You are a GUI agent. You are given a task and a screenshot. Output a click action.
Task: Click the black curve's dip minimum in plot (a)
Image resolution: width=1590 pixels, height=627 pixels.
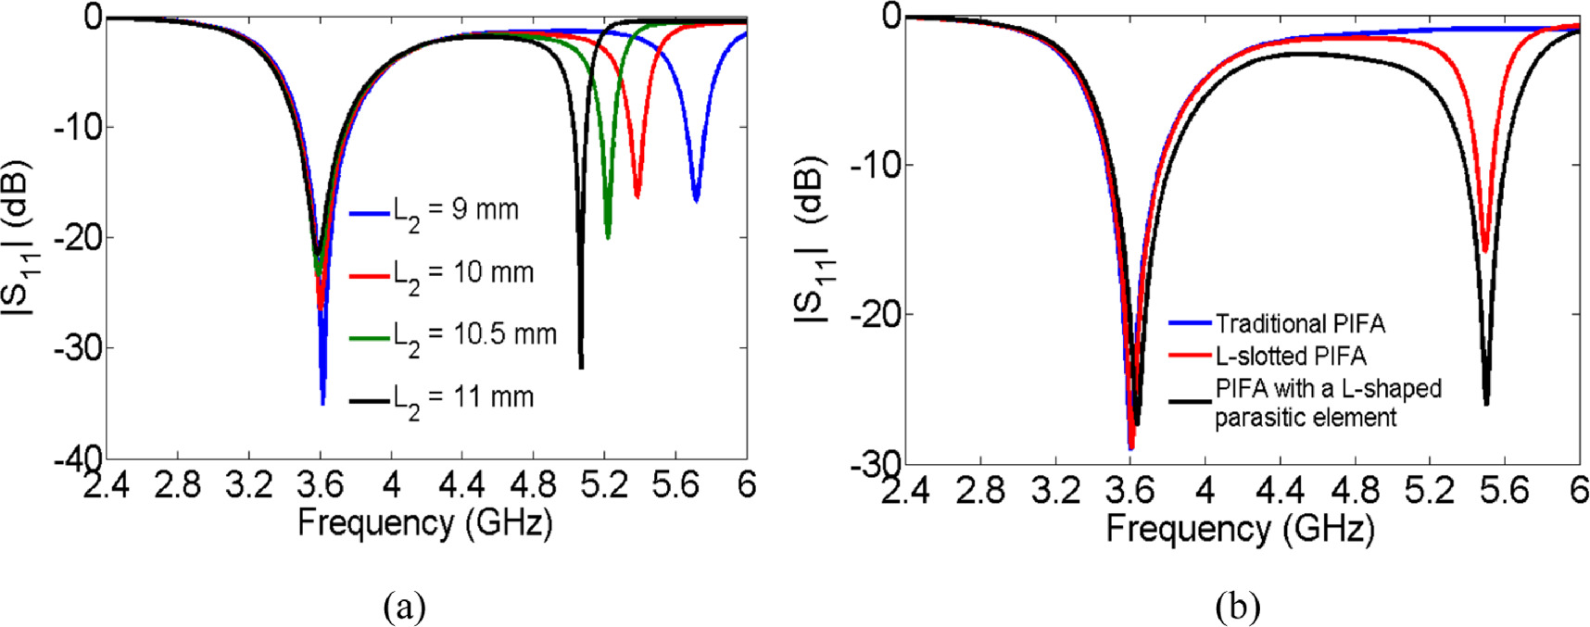click(581, 367)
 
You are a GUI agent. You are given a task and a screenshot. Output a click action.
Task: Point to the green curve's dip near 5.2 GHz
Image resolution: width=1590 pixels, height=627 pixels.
click(608, 237)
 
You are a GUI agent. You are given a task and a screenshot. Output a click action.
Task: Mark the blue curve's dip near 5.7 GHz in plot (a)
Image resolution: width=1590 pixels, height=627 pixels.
click(696, 199)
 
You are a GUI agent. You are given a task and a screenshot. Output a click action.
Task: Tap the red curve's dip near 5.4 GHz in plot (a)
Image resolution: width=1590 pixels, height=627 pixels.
click(637, 195)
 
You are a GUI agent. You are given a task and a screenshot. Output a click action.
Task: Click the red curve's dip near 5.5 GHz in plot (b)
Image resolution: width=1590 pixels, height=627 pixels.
click(1484, 250)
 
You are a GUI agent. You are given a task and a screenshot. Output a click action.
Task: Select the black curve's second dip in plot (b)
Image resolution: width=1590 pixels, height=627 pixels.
click(1486, 403)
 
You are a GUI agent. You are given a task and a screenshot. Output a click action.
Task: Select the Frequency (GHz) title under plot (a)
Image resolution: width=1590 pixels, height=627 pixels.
click(424, 523)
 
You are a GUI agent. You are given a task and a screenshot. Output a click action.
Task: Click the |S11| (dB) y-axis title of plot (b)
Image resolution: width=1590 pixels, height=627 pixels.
click(814, 241)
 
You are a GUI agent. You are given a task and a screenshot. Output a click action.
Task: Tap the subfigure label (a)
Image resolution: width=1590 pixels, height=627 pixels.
click(404, 607)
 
